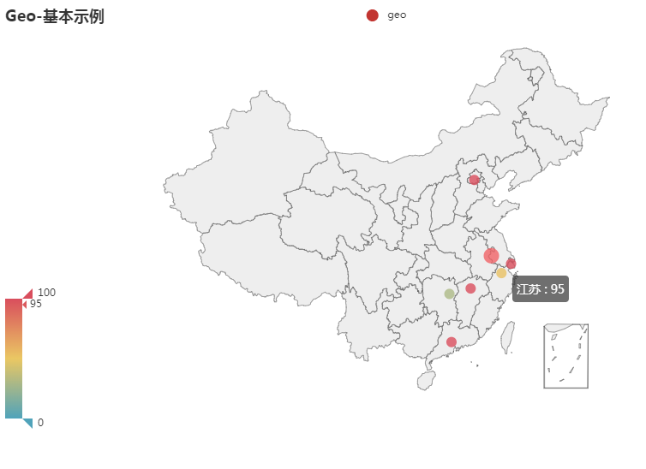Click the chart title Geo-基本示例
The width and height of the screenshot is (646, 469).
click(55, 16)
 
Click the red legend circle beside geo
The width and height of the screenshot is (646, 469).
click(372, 15)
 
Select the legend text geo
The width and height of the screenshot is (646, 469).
click(397, 15)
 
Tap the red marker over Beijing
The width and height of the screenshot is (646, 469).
click(474, 180)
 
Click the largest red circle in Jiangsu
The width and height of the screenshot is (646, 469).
click(491, 256)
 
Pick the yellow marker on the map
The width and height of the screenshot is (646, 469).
click(501, 273)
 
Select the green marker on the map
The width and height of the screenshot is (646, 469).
click(449, 294)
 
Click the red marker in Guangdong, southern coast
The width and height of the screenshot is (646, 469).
click(452, 342)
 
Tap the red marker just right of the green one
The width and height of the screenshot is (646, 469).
click(470, 288)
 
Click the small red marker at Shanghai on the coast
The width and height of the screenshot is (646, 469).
click(511, 264)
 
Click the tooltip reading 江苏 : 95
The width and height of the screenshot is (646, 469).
click(541, 288)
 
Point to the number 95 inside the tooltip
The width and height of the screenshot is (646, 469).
click(557, 288)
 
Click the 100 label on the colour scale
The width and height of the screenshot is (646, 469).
click(46, 293)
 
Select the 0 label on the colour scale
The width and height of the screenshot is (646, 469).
click(40, 423)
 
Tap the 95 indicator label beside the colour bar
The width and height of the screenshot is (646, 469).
click(36, 304)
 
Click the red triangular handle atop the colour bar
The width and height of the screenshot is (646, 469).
click(28, 294)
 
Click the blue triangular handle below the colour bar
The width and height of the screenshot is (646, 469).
click(28, 422)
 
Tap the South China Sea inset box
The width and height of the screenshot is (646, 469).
click(565, 356)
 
